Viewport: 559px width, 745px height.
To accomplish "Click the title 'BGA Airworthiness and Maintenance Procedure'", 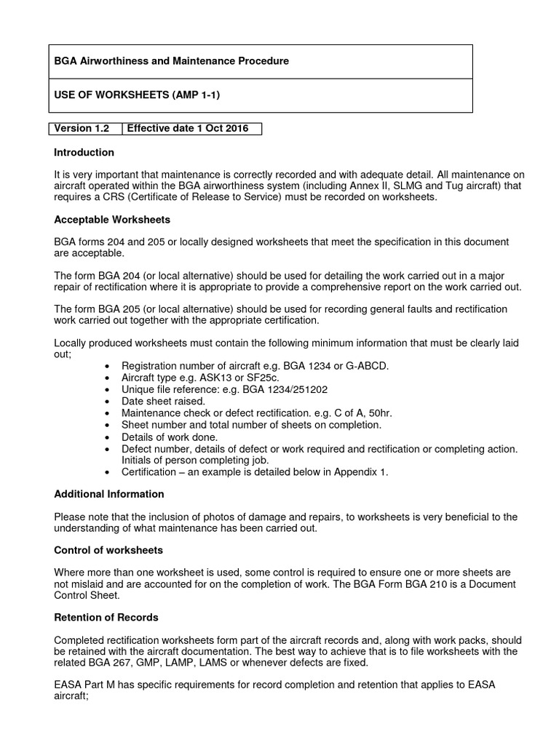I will click(172, 61).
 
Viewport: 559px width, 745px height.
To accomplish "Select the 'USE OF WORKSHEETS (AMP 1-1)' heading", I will click(137, 95).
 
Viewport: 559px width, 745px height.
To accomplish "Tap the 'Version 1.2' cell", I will click(82, 129).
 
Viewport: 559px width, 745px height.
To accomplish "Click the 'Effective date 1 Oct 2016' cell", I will click(188, 129).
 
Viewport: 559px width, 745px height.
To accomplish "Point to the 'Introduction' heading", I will click(84, 153).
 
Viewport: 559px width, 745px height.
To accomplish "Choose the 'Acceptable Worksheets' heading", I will click(112, 220).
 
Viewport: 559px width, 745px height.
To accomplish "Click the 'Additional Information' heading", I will click(109, 494).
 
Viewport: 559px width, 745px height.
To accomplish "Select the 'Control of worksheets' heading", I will click(108, 550).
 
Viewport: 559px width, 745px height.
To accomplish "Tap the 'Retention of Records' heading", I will click(106, 618).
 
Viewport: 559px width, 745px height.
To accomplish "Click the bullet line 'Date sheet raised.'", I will click(164, 402).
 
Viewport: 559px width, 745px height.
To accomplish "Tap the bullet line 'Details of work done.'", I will click(169, 437).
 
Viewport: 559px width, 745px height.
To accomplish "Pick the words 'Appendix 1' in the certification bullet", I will click(361, 472).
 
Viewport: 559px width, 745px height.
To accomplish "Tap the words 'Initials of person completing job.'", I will click(196, 460).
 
